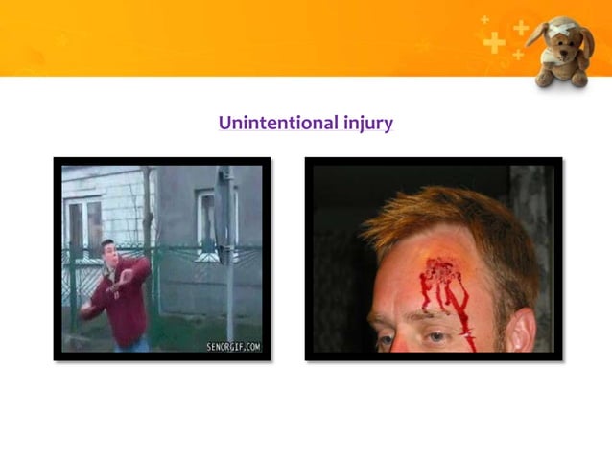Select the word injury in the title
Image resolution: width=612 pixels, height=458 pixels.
[x=367, y=124]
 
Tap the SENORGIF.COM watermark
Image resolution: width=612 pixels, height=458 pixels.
[x=232, y=345]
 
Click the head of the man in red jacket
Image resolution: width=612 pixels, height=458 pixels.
[x=109, y=249]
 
